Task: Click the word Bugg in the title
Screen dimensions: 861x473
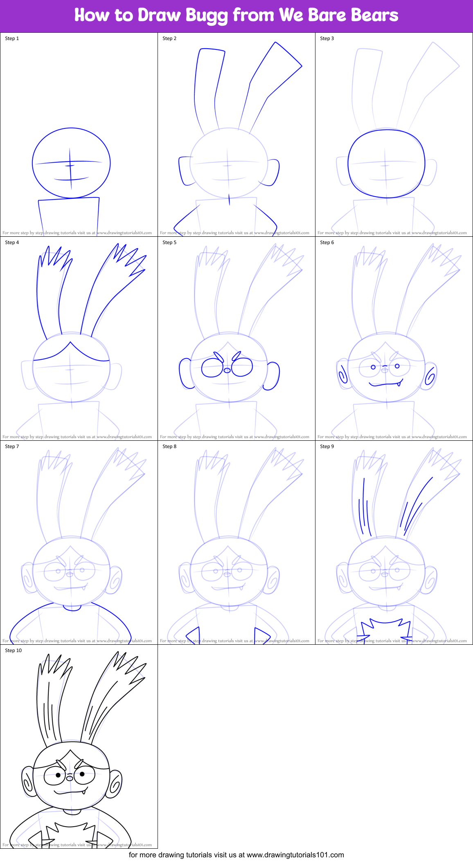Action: tap(207, 16)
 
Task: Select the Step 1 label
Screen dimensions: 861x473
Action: tap(12, 38)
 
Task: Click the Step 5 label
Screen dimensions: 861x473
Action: tap(169, 242)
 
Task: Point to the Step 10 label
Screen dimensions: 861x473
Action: tap(13, 650)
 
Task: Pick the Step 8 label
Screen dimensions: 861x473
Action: tap(169, 446)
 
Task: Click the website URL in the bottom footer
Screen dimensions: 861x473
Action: tap(295, 855)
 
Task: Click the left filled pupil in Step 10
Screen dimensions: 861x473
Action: tap(58, 775)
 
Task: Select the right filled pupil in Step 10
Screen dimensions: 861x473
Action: tap(82, 774)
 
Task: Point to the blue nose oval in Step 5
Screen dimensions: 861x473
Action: tap(227, 371)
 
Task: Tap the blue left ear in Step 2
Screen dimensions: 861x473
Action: tap(183, 171)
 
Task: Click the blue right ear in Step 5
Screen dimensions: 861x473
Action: tap(273, 376)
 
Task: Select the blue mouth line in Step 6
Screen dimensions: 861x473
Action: tap(385, 384)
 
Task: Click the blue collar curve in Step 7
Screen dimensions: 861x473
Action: tap(72, 609)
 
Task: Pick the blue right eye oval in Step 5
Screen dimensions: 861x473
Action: tap(242, 367)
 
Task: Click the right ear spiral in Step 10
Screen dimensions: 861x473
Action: tap(115, 785)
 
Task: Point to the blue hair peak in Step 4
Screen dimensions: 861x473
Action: tap(70, 343)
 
